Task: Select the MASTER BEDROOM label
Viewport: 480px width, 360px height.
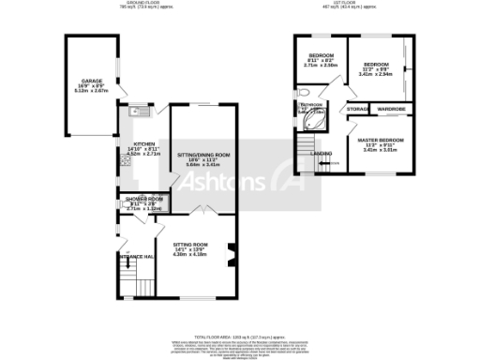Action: click(x=381, y=140)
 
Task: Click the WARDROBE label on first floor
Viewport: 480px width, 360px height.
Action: click(x=391, y=110)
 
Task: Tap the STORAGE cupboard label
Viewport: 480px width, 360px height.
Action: click(x=356, y=110)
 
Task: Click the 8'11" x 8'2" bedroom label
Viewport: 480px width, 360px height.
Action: click(x=321, y=60)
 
